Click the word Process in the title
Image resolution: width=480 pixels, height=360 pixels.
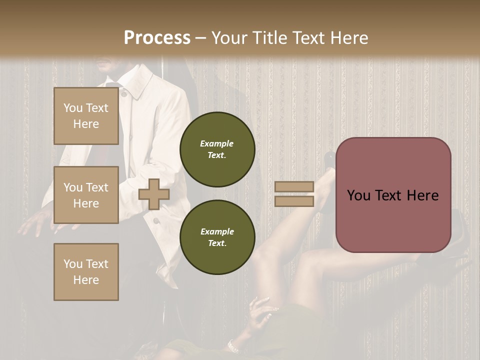(157, 38)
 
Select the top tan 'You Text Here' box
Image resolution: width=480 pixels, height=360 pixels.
(86, 116)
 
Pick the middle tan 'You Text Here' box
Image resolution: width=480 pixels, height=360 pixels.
(86, 195)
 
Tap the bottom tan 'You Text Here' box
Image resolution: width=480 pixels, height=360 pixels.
(86, 271)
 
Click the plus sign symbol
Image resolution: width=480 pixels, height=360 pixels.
(154, 194)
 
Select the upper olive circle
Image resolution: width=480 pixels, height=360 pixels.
(217, 149)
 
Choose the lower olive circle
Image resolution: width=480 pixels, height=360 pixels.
(217, 237)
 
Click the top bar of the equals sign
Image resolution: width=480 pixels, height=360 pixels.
(294, 186)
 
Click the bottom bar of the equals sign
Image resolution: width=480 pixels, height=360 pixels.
(294, 201)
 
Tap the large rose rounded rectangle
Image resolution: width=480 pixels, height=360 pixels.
(393, 195)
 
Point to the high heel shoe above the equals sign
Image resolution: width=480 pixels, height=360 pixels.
(330, 160)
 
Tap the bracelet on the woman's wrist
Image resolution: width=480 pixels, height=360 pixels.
(232, 345)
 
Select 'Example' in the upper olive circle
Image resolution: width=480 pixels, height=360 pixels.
(217, 143)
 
